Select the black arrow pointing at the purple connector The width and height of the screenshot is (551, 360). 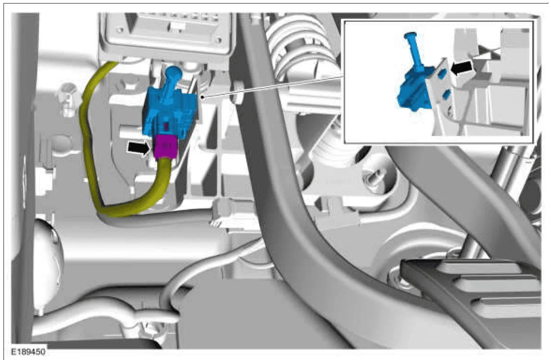(x=139, y=148)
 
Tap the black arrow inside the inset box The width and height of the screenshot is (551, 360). (x=462, y=68)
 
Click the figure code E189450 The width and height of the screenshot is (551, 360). (x=28, y=352)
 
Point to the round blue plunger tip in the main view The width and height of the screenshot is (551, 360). (x=174, y=73)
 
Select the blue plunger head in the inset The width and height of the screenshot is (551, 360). (x=410, y=35)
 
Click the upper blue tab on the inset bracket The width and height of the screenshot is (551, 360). (x=443, y=73)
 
